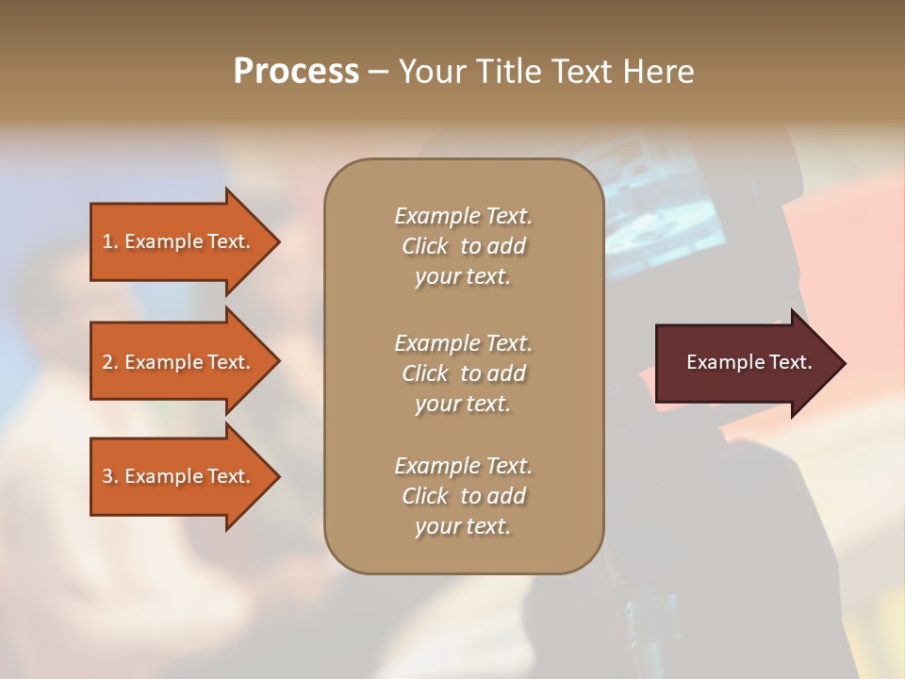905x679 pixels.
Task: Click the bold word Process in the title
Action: [x=296, y=72]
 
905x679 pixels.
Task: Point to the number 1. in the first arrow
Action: [x=110, y=241]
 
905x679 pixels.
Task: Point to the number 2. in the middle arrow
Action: [x=110, y=362]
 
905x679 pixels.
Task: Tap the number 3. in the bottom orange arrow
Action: [x=110, y=476]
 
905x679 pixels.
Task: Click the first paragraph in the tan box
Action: [x=463, y=246]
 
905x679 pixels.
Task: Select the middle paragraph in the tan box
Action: [x=463, y=373]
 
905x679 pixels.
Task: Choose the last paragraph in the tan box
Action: [x=463, y=496]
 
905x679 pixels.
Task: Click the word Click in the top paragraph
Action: [x=425, y=246]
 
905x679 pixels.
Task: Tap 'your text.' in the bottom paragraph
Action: [x=463, y=526]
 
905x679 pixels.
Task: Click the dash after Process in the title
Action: [x=378, y=73]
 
